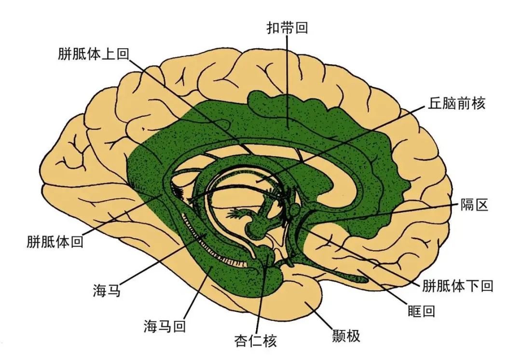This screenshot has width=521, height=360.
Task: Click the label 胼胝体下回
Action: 458,286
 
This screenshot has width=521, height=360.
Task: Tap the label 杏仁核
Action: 255,341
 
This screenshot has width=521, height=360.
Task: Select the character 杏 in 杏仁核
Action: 241,341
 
